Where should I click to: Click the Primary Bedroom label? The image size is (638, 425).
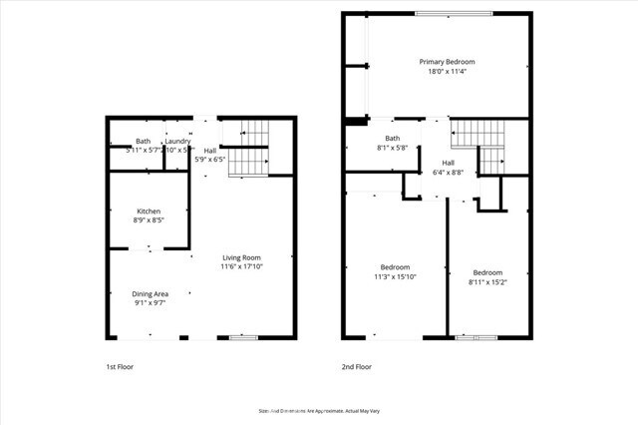click(x=447, y=61)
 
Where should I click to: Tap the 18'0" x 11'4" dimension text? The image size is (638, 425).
click(x=447, y=71)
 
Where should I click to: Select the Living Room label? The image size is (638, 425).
click(x=241, y=256)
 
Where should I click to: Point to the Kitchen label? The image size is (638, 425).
click(x=149, y=211)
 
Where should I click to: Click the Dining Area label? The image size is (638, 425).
click(x=150, y=293)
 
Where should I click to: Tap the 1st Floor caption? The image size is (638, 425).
click(x=120, y=366)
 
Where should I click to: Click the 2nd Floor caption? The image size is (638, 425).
click(x=356, y=366)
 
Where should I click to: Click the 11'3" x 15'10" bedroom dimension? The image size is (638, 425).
click(x=395, y=276)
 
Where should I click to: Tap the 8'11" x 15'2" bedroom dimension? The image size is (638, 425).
click(x=487, y=282)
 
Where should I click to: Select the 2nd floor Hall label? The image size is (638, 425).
click(x=448, y=163)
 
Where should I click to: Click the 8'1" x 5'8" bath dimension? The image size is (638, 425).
click(x=392, y=148)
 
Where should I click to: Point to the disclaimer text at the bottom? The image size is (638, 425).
click(x=318, y=409)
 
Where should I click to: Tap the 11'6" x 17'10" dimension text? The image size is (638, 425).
click(x=241, y=266)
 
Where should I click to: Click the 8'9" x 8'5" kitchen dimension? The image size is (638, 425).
click(x=149, y=220)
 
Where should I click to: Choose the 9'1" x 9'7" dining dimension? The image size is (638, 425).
click(x=150, y=303)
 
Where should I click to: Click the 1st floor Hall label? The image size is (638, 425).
click(x=209, y=150)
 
